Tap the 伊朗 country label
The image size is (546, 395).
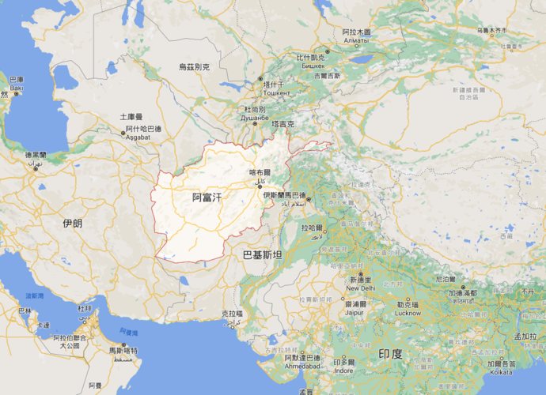(72, 224)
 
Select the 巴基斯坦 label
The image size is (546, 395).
(262, 254)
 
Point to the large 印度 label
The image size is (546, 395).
(390, 353)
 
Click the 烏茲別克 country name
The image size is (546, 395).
(193, 68)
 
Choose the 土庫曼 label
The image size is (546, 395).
(126, 116)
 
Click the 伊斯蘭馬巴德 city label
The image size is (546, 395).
(284, 194)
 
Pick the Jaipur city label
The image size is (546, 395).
(355, 311)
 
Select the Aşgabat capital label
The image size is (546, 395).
(142, 137)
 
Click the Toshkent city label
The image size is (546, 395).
(276, 92)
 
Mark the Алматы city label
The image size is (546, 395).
(356, 39)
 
